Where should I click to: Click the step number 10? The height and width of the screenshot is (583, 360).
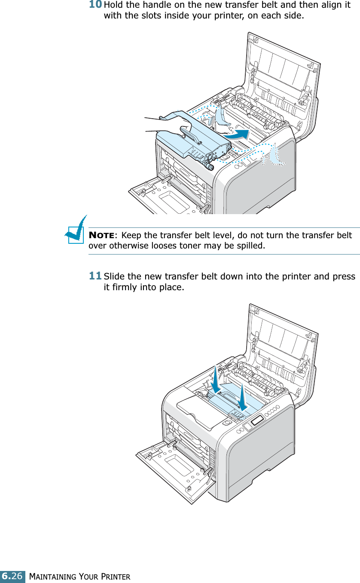(95, 5)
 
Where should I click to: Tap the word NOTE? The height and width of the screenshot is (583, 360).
(101, 236)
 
